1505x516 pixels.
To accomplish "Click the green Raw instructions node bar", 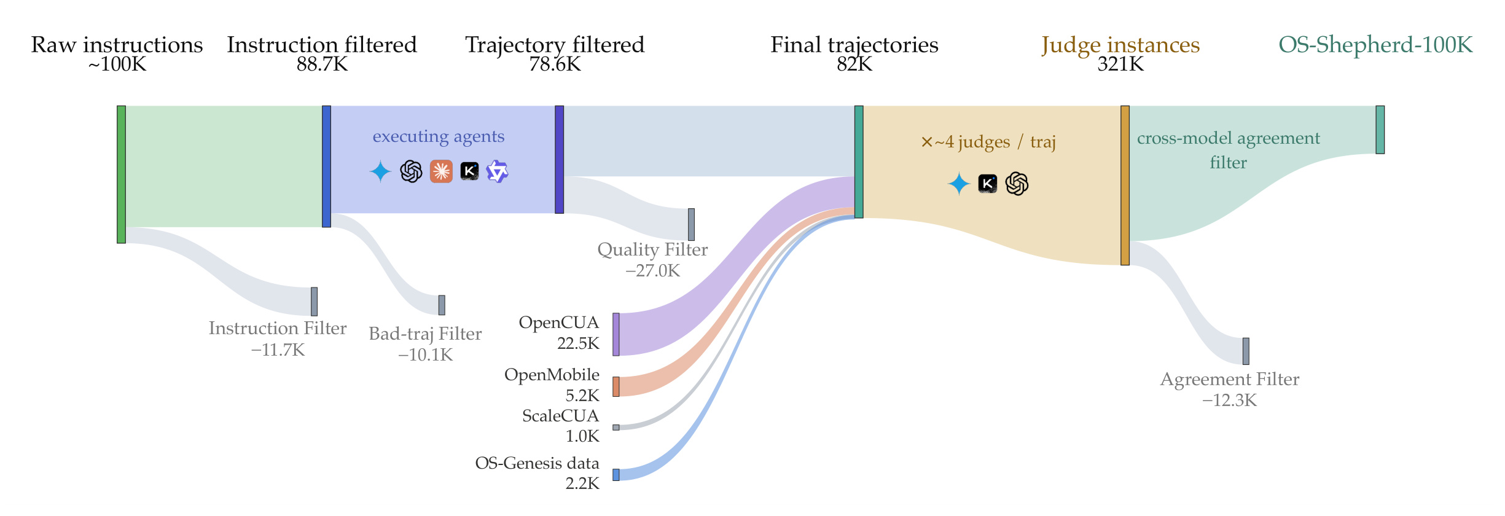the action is [x=121, y=174].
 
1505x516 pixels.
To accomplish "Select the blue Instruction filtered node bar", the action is [x=326, y=166].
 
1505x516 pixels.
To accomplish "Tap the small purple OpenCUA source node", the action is [x=616, y=334].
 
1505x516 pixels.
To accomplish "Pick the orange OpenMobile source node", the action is [x=616, y=386].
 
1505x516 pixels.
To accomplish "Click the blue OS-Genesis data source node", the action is [x=616, y=475].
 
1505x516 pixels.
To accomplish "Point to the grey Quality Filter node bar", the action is [x=691, y=224].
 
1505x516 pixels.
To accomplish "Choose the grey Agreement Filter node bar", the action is [x=1246, y=351].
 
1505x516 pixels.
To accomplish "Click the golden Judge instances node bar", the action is [x=1125, y=186].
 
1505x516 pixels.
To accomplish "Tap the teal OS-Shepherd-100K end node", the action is [x=1380, y=130].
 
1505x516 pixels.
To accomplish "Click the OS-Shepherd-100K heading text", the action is [x=1376, y=45].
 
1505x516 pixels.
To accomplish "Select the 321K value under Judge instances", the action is [x=1120, y=64].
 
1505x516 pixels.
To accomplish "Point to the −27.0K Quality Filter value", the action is [x=652, y=270].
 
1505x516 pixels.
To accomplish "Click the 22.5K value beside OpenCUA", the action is [x=578, y=343].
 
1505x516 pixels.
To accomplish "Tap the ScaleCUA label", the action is [x=560, y=416].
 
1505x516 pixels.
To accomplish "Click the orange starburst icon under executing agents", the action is [x=441, y=171].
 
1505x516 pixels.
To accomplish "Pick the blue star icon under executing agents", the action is [x=380, y=171].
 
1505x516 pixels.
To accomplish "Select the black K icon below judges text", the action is [x=987, y=183].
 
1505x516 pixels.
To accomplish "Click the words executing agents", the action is [x=439, y=136].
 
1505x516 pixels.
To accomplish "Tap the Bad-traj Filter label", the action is [x=425, y=334].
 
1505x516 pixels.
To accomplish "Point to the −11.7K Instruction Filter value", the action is [x=278, y=350].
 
